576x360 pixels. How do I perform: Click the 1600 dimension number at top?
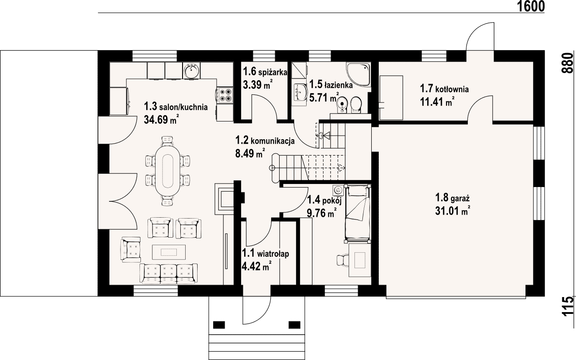530,6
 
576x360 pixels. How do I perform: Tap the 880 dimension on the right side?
568,63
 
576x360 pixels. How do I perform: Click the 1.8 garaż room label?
452,198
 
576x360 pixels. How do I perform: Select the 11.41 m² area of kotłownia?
437,101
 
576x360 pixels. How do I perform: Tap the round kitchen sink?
191,70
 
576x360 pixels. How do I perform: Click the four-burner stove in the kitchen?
225,95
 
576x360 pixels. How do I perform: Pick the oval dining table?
167,171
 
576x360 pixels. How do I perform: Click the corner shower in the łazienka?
358,74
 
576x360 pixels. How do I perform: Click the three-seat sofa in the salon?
168,274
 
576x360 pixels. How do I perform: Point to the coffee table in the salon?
169,252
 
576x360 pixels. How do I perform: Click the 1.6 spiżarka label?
265,72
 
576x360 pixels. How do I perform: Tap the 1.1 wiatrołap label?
265,254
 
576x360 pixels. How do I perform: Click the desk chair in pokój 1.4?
343,260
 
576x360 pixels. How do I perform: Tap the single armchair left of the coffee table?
131,250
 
